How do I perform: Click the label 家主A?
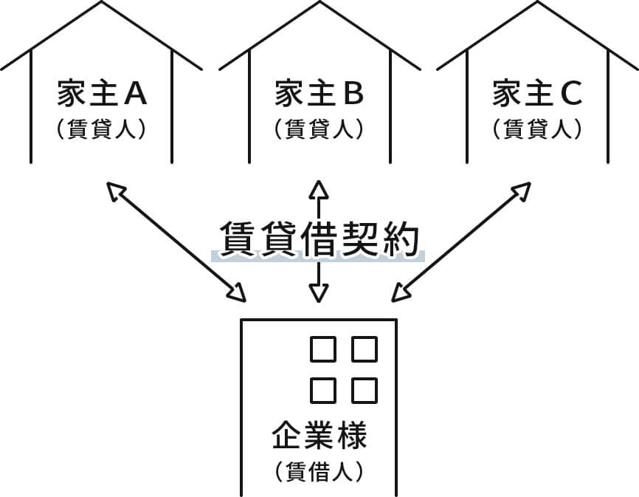click(102, 94)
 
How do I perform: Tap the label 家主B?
click(319, 94)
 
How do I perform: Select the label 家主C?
click(537, 94)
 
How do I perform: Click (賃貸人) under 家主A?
click(102, 128)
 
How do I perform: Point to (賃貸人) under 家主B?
click(319, 128)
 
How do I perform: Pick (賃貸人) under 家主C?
click(537, 128)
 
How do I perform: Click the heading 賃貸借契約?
click(319, 238)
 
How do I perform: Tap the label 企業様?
click(319, 436)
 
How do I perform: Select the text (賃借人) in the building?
click(319, 470)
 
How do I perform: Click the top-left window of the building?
click(322, 350)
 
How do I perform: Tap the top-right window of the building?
click(364, 350)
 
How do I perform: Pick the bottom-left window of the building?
click(322, 389)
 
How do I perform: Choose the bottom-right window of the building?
click(364, 389)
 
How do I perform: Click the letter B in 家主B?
click(353, 94)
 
